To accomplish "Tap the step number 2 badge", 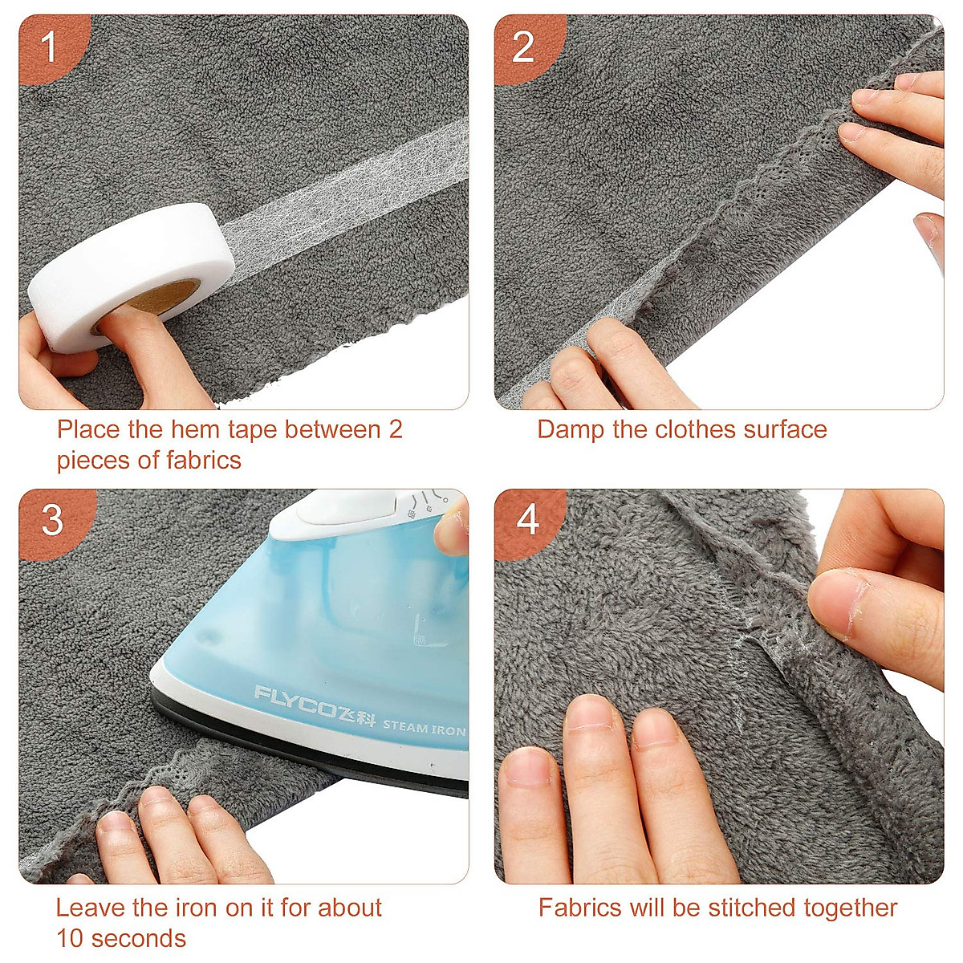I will (x=523, y=47).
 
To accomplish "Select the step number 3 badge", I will (x=52, y=521).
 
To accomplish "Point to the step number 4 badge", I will (x=527, y=520).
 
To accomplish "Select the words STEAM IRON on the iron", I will (x=424, y=728).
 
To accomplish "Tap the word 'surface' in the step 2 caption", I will (x=785, y=430).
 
